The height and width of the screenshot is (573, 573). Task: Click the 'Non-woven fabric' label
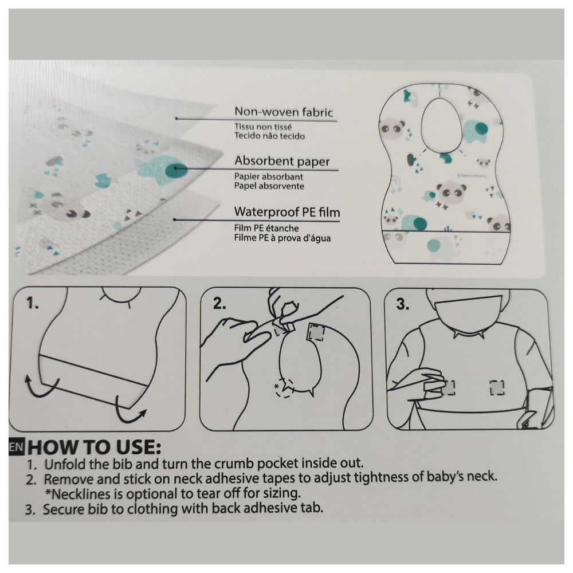pos(283,112)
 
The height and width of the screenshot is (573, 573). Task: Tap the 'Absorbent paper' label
pos(282,162)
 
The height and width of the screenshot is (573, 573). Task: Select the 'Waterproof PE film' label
pos(287,212)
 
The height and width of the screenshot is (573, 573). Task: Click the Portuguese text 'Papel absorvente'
pos(269,186)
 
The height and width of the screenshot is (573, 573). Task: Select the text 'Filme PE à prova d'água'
pos(282,238)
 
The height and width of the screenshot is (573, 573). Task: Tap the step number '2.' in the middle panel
pos(219,304)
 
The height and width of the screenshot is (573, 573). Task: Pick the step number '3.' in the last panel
pos(403,304)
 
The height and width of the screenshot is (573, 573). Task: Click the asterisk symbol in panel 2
pos(276,387)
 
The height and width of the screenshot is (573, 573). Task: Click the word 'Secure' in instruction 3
pos(61,509)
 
